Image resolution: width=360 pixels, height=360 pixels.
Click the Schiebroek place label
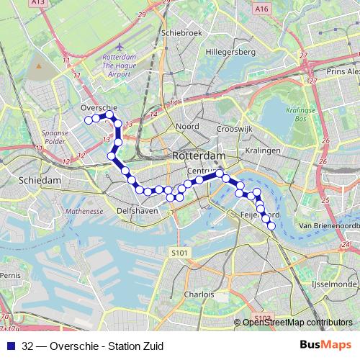[x=179, y=32]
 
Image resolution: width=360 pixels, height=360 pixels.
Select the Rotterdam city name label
[x=199, y=156]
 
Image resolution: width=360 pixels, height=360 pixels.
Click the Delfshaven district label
[x=135, y=212]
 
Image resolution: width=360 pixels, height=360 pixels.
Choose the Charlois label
[x=199, y=294]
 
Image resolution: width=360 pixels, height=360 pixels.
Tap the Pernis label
[x=10, y=276]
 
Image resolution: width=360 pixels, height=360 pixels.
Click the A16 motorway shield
[x=261, y=8]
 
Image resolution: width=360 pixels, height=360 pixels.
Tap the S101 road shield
[x=180, y=253]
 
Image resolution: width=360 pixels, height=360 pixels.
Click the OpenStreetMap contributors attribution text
[x=297, y=322]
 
